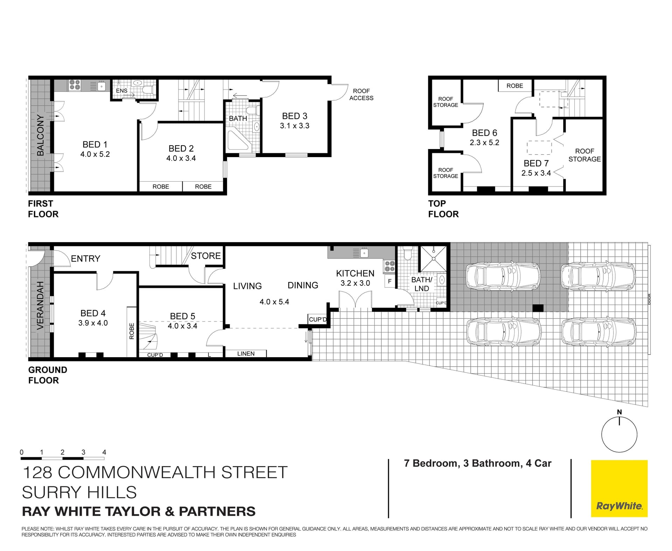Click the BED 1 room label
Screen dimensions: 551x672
pos(95,144)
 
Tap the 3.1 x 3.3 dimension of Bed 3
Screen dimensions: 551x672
pos(294,126)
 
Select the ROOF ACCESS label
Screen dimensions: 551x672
pos(361,94)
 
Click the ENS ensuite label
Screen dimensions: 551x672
pos(121,91)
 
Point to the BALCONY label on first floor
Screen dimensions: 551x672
pos(41,135)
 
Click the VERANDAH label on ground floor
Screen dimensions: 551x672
pos(41,305)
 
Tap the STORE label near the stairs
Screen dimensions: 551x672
pos(206,256)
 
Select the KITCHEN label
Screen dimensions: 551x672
pos(355,273)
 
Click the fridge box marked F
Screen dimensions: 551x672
pos(390,281)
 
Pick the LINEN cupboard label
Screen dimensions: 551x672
pos(246,354)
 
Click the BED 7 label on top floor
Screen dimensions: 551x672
pos(536,163)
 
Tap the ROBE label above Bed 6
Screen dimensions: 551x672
pos(514,86)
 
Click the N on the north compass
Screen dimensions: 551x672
pos(619,412)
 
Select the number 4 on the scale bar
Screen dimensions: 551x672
pos(104,452)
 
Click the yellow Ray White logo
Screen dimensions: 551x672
pos(619,488)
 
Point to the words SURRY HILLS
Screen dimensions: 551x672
pos(79,492)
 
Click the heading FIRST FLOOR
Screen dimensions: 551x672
pos(43,209)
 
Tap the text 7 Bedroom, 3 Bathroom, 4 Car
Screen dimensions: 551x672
pos(477,463)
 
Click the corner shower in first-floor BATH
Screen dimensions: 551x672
pos(238,141)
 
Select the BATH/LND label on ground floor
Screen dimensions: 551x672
pos(421,284)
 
